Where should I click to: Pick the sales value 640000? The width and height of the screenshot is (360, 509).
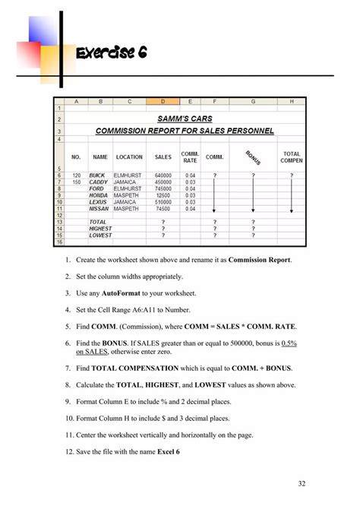tap(163, 175)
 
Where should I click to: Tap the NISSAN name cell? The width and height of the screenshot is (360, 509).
tap(99, 207)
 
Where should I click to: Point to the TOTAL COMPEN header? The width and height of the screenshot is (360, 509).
tap(292, 156)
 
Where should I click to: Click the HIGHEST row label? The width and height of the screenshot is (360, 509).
tap(100, 228)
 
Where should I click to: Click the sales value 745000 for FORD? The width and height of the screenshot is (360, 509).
tap(163, 188)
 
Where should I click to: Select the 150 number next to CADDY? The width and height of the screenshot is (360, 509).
tap(76, 182)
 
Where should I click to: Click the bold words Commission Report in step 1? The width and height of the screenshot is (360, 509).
tap(260, 260)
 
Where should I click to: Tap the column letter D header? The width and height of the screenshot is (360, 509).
tap(163, 101)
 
